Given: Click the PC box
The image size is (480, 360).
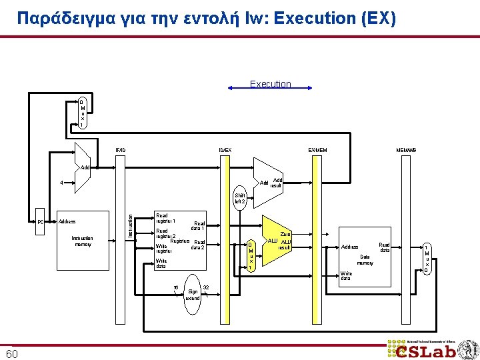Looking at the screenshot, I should coord(41,221).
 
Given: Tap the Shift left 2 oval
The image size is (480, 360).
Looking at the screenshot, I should coord(240,199).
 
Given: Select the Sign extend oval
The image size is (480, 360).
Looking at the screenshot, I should coord(193,291).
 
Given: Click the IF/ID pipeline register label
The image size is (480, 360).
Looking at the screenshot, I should coord(120,149).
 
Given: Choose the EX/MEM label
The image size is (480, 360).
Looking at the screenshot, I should coord(317,149).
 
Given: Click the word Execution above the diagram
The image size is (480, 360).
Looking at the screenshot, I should coord(270,84).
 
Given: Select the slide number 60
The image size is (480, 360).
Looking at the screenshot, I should coord(12,353).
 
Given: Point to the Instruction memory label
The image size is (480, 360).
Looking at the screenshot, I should coord(82,241).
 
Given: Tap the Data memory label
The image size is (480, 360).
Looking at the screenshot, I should coord(365,259).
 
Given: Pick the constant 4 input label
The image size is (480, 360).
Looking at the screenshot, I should coord(61,183).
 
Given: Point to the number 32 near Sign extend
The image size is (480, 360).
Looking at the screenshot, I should coord(206,288).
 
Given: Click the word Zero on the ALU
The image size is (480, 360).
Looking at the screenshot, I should coord(285,234).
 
